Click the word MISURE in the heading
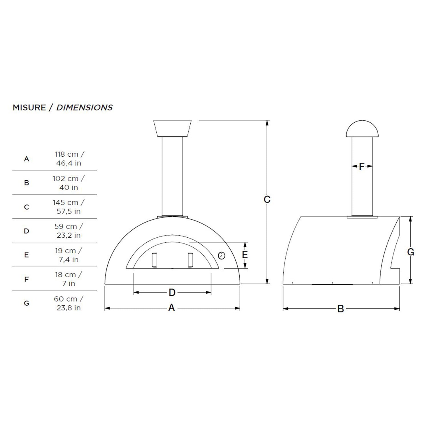[x=29, y=108]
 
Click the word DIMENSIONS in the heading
[x=84, y=108]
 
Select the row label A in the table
[x=27, y=159]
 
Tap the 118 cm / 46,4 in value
[x=68, y=159]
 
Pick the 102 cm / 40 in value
[x=68, y=183]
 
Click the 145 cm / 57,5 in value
[x=68, y=207]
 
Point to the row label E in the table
[x=27, y=255]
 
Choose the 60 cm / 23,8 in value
[x=68, y=303]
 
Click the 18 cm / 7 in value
[x=68, y=279]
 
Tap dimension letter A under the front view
[x=171, y=308]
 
